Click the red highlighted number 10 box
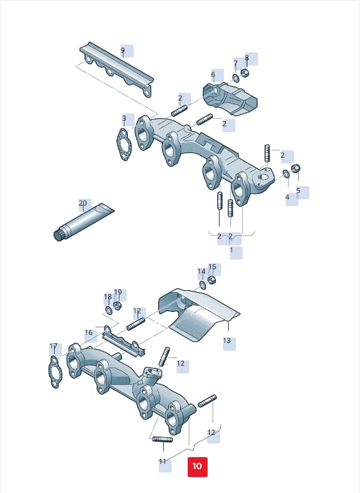[197, 466]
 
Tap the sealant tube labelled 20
[83, 222]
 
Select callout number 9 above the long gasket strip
[122, 50]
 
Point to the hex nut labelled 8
[245, 73]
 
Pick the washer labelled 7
[235, 77]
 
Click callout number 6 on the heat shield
[213, 75]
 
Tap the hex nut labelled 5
[296, 168]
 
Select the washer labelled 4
[286, 174]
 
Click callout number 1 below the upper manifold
[231, 250]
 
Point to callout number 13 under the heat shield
[227, 340]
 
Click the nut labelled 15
[212, 280]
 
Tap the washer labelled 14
[203, 285]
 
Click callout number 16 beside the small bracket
[89, 332]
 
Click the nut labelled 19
[118, 305]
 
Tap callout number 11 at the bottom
[163, 461]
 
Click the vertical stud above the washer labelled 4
[267, 153]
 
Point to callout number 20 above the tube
[82, 203]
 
